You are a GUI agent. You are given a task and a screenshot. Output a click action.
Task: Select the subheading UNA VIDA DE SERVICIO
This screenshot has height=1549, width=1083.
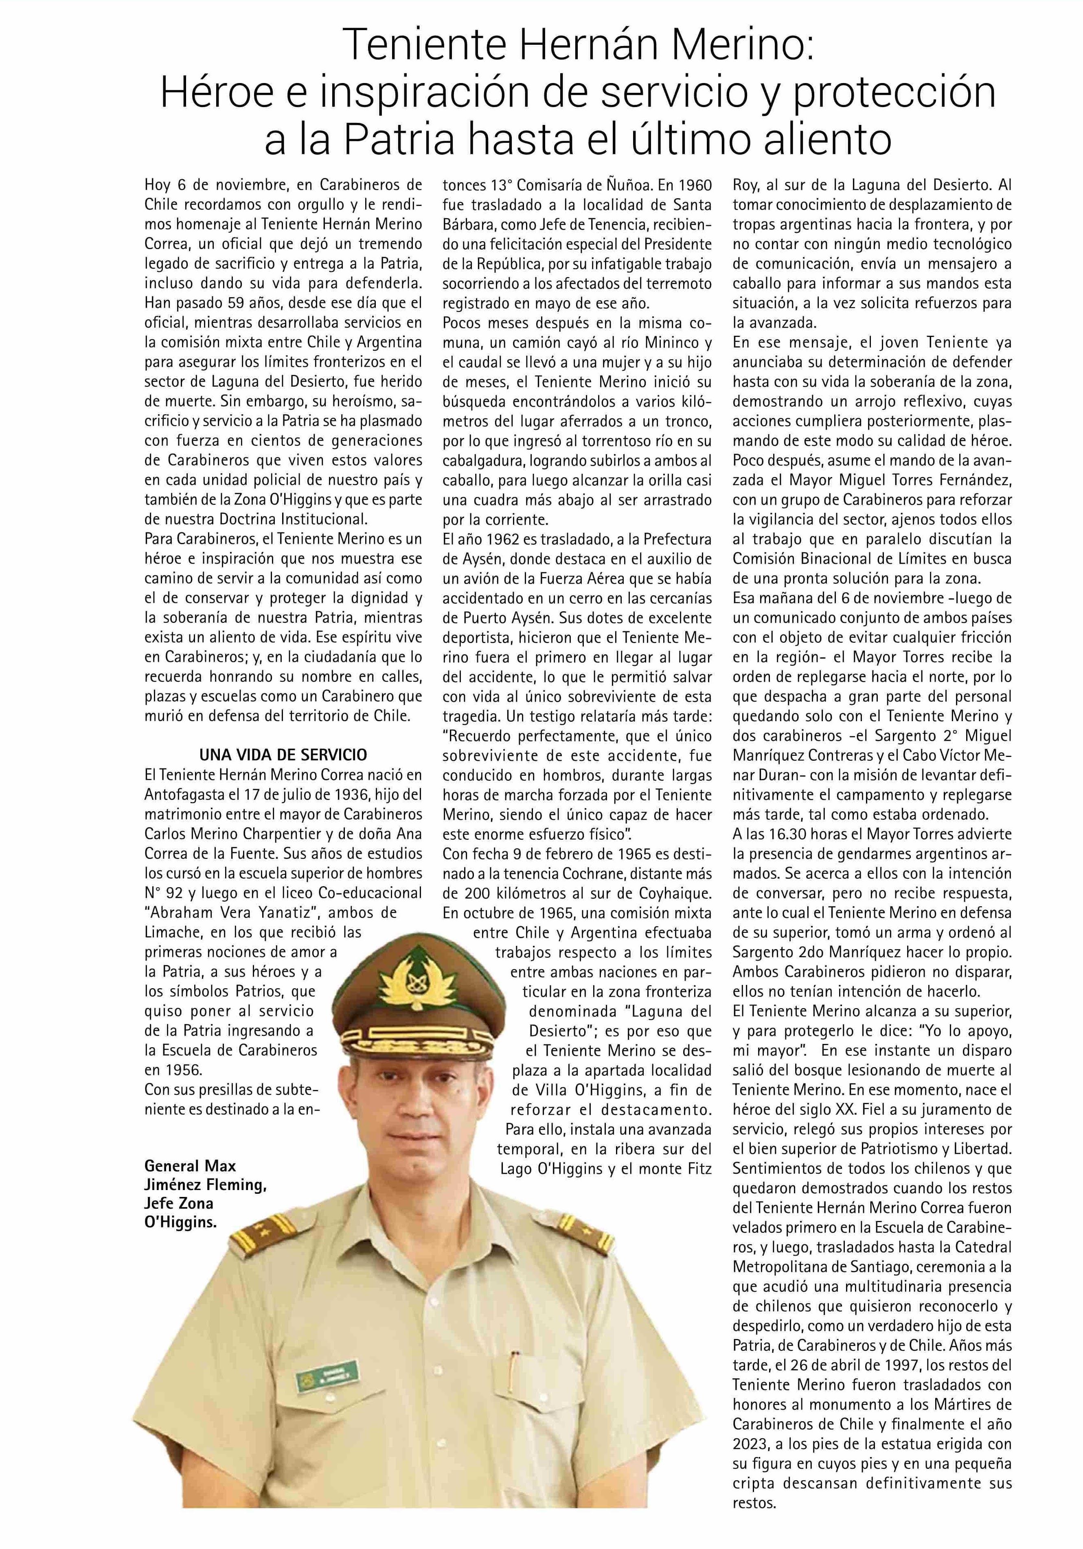point(283,755)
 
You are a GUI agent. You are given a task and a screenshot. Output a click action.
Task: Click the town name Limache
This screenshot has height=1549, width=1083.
point(171,932)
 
